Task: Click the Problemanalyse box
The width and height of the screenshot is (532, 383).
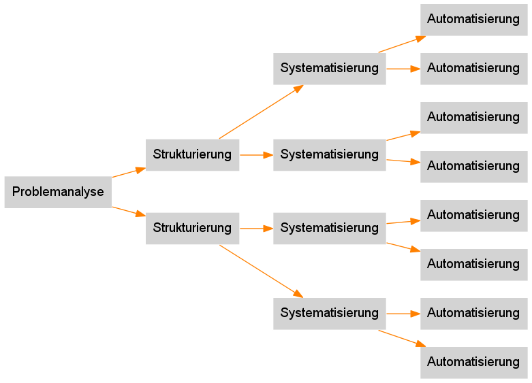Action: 58,192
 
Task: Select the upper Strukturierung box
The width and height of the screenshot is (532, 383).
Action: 192,154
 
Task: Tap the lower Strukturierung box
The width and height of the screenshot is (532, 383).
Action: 192,228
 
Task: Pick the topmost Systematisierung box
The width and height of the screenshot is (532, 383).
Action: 330,69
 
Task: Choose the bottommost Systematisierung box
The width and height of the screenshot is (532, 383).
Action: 330,314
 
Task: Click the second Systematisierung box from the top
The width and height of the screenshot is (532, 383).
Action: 330,154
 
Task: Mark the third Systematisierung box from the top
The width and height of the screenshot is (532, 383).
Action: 330,228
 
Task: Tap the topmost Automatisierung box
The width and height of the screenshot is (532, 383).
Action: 473,20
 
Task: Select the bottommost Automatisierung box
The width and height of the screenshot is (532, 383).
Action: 473,362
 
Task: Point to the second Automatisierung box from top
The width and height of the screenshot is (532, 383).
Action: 473,69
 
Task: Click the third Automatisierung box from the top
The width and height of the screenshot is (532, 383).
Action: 473,118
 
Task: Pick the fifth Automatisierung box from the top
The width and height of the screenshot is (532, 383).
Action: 473,215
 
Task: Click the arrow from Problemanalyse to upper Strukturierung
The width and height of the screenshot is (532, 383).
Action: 128,172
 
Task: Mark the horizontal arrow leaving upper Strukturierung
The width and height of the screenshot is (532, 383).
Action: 256,155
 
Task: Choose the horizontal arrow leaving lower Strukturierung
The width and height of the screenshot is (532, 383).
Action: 256,229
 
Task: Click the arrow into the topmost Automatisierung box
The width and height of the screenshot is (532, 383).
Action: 403,44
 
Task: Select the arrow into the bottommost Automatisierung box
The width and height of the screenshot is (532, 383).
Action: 403,338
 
